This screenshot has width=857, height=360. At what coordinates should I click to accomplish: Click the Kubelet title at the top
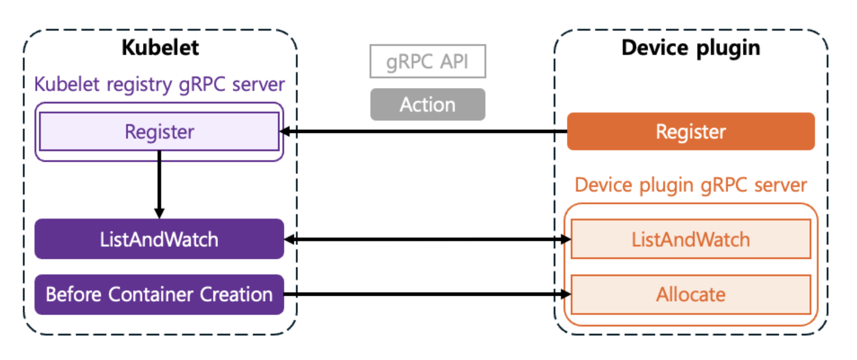(160, 48)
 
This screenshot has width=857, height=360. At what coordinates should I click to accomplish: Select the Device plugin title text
(691, 48)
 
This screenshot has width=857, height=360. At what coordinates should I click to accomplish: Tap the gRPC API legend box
(427, 61)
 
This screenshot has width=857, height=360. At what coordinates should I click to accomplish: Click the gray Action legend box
(427, 104)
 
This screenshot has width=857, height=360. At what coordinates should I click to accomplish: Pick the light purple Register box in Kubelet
(159, 132)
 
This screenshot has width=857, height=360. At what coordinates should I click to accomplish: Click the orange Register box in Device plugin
(691, 132)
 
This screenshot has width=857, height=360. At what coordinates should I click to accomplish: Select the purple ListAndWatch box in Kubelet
(159, 239)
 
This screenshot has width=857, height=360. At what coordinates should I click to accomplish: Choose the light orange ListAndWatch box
(691, 239)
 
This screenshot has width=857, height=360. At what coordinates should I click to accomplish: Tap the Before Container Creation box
(159, 295)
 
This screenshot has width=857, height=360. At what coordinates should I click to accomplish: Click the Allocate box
(691, 295)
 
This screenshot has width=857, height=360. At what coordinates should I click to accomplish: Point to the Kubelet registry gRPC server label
(159, 84)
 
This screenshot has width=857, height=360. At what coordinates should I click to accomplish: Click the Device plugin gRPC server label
(691, 185)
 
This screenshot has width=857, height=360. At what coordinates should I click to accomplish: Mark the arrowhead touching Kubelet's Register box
(285, 132)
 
